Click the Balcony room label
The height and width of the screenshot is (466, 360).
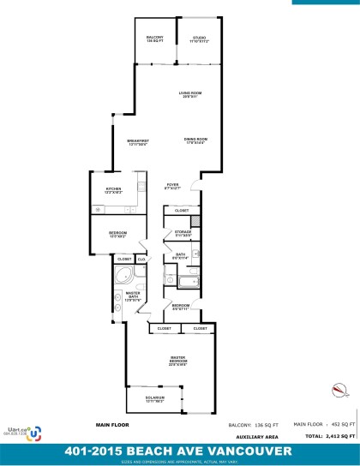coord(155,39)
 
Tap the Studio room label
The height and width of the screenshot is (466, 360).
coord(199,39)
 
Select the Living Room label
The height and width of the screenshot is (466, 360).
coord(189,94)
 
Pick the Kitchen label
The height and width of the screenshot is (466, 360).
coord(113,191)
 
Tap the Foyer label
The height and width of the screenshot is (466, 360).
coord(172,186)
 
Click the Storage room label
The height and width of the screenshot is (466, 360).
coord(182,233)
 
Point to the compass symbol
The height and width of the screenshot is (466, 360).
coord(339,391)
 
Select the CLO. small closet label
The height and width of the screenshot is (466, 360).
coord(141,259)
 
